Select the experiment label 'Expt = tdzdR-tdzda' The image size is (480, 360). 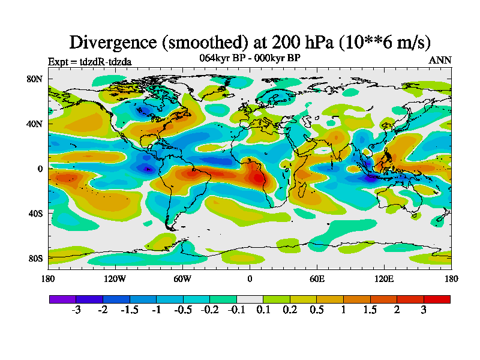[89, 61]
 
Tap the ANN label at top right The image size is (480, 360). [440, 60]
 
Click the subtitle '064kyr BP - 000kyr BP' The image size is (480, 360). [250, 58]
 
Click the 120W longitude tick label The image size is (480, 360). [115, 278]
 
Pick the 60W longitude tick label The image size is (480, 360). [182, 278]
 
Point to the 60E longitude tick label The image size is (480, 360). [317, 278]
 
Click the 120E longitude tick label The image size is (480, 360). [384, 278]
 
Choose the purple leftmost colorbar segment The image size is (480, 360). [62, 298]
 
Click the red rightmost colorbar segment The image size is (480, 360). [437, 298]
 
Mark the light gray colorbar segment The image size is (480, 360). [250, 298]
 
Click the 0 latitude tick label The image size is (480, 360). [40, 169]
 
